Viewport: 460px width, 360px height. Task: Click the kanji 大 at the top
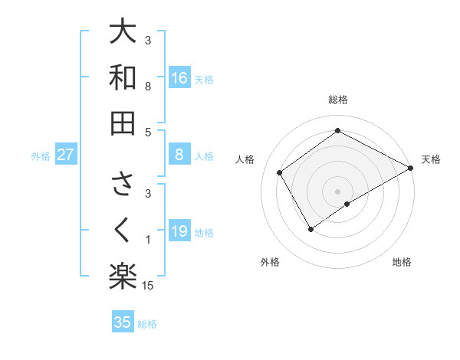123,32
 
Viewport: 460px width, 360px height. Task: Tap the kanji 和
123,77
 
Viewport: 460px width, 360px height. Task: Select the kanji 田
123,123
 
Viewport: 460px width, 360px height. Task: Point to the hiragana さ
123,185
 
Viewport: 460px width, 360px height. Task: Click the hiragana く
123,231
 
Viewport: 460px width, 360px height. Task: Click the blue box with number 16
179,77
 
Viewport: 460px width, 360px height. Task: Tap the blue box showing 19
179,231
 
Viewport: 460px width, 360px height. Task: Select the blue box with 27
66,155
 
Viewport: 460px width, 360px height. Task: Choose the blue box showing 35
123,322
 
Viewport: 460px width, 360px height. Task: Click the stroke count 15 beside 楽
149,286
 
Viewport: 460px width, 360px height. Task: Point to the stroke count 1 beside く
148,241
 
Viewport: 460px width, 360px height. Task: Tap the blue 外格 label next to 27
41,156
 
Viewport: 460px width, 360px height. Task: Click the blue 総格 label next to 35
147,324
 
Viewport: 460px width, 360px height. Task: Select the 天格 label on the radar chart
431,159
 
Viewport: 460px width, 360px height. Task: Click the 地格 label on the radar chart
402,262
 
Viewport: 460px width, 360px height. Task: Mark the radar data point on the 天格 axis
410,168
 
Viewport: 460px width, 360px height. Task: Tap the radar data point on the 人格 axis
280,172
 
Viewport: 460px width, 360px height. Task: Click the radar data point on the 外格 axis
310,228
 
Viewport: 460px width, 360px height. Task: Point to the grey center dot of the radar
337,191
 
